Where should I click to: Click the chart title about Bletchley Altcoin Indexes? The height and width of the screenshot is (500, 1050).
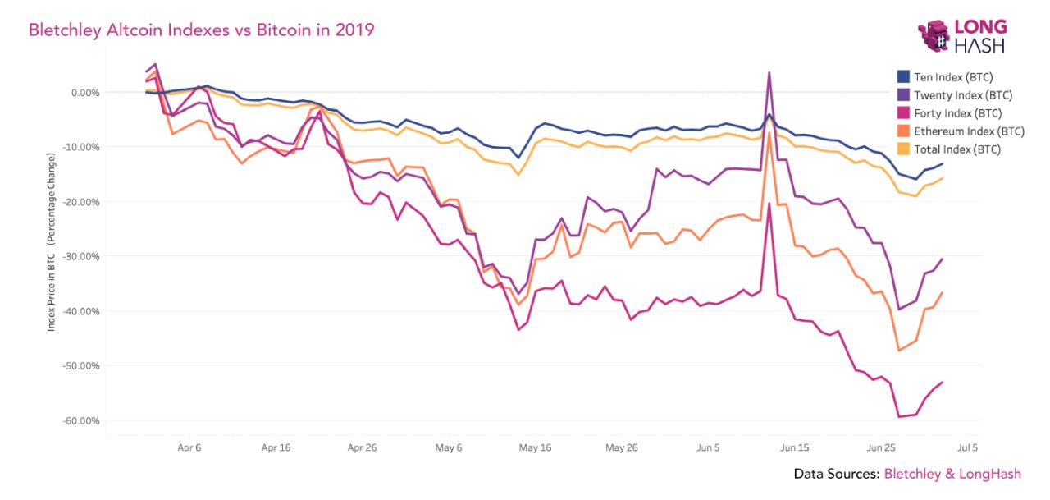(x=201, y=30)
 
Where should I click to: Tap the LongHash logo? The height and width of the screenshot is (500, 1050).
(x=961, y=36)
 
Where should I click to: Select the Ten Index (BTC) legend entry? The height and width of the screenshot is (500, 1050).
(x=952, y=77)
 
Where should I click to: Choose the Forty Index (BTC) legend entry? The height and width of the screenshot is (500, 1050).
(x=956, y=113)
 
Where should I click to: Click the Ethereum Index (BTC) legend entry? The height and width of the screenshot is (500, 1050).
(x=967, y=131)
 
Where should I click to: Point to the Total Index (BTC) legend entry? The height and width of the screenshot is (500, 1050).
(x=956, y=149)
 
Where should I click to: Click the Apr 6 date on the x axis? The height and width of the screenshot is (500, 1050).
(x=189, y=448)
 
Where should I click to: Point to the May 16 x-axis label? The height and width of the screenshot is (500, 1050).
(x=536, y=448)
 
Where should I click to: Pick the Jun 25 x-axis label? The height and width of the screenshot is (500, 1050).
(x=881, y=448)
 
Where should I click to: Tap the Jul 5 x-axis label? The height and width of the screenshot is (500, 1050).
(x=967, y=448)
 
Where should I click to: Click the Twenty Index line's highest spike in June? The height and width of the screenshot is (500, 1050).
(x=769, y=73)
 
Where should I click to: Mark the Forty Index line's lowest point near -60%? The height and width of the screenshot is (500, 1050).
(x=899, y=416)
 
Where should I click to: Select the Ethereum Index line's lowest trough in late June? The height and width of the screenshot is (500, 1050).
(x=899, y=351)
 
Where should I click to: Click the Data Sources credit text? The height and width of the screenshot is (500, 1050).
(x=907, y=474)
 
